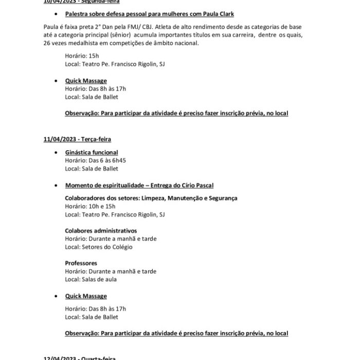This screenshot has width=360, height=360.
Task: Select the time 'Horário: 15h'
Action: (x=82, y=56)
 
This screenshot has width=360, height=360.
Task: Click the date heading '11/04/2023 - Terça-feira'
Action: (x=77, y=139)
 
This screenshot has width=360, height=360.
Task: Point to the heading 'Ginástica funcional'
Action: (x=92, y=152)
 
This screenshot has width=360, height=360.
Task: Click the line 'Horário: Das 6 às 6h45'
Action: (x=95, y=160)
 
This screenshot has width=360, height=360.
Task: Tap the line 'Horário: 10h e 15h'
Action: (x=90, y=206)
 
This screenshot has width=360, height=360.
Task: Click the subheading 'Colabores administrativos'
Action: (x=101, y=230)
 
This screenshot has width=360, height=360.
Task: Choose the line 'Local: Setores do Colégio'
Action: (x=98, y=247)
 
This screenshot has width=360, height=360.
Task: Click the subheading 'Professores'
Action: (x=81, y=263)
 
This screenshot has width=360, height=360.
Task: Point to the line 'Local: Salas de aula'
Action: (x=91, y=279)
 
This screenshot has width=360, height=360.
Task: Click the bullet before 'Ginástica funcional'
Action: (x=56, y=153)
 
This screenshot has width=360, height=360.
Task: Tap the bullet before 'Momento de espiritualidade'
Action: (x=56, y=186)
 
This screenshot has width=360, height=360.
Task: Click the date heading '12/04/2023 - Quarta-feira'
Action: (x=79, y=357)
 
